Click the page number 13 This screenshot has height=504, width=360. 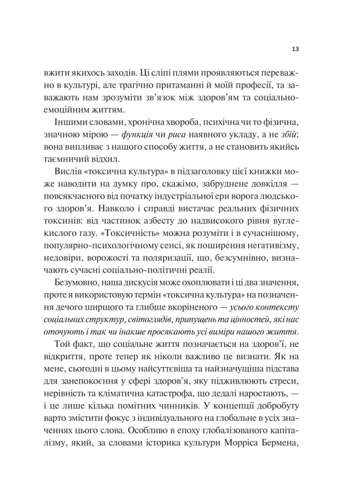pos(295,49)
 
